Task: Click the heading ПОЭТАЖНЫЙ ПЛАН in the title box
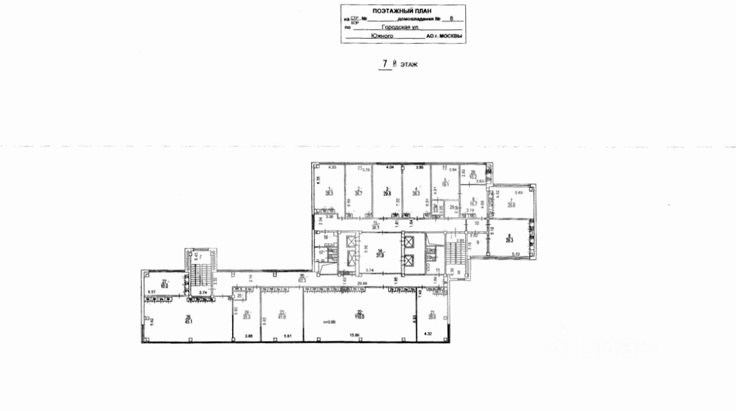point(402,10)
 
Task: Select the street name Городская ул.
point(402,26)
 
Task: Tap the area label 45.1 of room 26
point(187,321)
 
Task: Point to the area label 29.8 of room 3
point(388,194)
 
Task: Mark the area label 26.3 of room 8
point(510,241)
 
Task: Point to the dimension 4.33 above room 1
point(332,167)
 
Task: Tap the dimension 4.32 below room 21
point(428,334)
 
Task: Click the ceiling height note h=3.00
point(329,322)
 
